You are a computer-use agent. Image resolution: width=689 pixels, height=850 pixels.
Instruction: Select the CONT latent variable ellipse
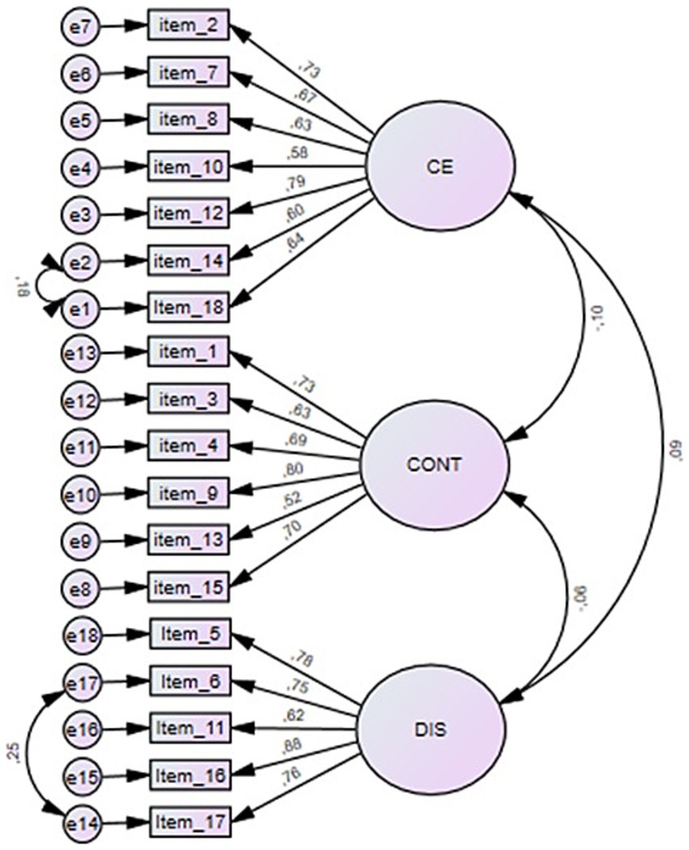(435, 465)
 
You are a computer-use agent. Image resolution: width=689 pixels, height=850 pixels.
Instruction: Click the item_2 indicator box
(189, 27)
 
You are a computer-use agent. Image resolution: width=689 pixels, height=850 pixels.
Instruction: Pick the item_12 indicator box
(189, 215)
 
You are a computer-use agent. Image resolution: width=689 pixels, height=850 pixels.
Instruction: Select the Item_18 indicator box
(189, 308)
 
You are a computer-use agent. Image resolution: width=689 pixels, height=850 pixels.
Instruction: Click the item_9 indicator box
(189, 491)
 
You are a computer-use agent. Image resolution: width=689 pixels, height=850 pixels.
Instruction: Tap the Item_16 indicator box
(190, 775)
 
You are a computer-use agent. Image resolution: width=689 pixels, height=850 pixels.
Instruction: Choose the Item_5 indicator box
(190, 634)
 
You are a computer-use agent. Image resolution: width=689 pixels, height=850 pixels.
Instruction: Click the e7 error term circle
(79, 27)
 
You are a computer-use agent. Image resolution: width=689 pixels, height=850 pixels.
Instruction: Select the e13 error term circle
(80, 353)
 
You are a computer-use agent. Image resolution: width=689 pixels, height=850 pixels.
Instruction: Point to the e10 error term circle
(80, 491)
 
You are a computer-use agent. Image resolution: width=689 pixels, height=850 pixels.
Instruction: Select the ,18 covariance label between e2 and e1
(21, 285)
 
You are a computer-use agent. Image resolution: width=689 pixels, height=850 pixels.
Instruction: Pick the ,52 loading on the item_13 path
(292, 499)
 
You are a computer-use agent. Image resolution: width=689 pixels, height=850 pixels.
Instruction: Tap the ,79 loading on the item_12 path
(292, 184)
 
